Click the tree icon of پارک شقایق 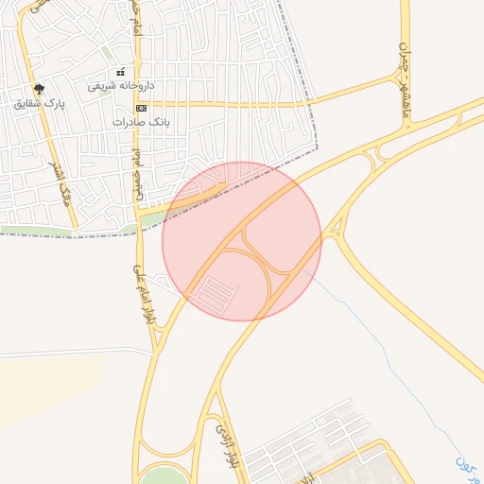[38, 89]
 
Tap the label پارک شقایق [39, 103]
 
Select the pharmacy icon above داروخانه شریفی [120, 72]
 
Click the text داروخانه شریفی [121, 85]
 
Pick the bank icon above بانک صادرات [141, 109]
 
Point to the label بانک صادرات [138, 122]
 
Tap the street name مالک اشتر [62, 181]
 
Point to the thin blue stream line [378, 350]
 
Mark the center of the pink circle [242, 242]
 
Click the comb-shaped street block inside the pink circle [216, 295]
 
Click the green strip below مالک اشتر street [38, 231]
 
